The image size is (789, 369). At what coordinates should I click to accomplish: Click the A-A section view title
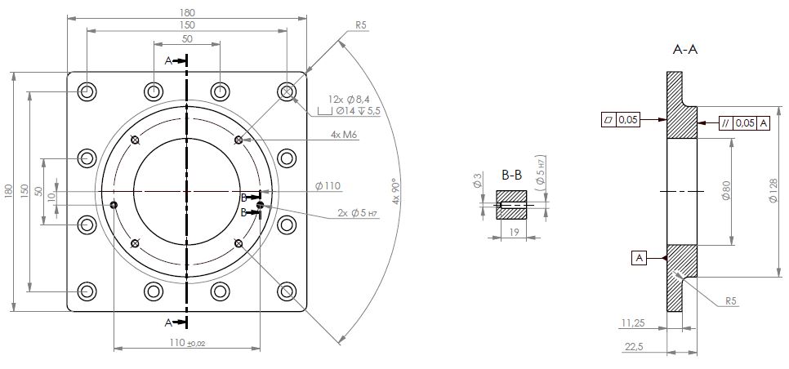[684, 50]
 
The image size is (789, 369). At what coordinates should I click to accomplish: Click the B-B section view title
[511, 175]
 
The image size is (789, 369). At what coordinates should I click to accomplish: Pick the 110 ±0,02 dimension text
[187, 343]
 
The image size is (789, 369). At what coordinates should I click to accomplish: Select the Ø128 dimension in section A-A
[773, 193]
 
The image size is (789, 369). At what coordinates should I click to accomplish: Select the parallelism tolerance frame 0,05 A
[743, 123]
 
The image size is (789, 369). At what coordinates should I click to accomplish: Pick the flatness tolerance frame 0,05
[621, 119]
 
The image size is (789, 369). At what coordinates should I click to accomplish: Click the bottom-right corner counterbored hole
[287, 291]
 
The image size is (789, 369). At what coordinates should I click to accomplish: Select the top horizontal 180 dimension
[187, 11]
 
